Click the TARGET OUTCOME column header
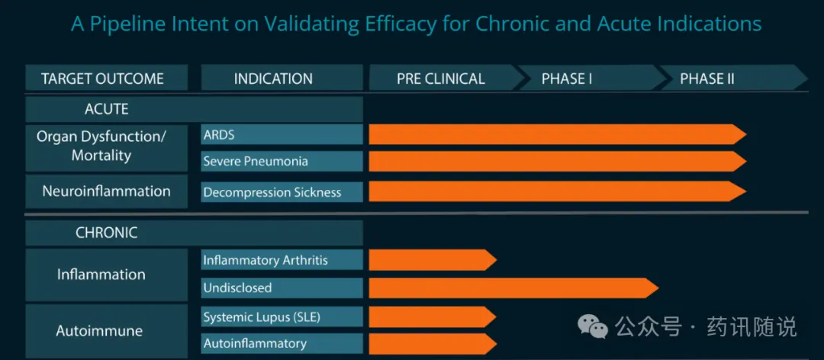click(102, 79)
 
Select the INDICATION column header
click(273, 79)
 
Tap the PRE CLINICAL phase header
click(441, 79)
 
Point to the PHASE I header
click(567, 79)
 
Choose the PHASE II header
click(707, 79)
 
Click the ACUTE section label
click(107, 109)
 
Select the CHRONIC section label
click(107, 233)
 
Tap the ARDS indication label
click(219, 135)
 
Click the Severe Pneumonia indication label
click(256, 162)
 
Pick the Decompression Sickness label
click(272, 192)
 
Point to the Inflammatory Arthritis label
click(266, 260)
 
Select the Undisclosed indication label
click(237, 288)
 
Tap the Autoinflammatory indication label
click(255, 344)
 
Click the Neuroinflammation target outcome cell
click(107, 191)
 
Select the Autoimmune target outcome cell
click(99, 331)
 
